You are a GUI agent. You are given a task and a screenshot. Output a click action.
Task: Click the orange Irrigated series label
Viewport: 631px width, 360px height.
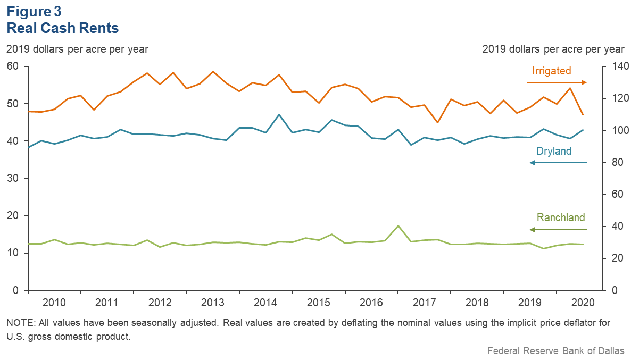click(x=551, y=71)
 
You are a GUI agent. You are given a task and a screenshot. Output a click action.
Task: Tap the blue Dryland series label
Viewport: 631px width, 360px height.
click(x=553, y=152)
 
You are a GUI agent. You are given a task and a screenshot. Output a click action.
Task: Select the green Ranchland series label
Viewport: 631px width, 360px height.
click(x=560, y=217)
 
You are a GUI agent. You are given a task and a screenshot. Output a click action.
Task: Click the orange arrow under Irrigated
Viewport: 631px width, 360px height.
click(x=557, y=82)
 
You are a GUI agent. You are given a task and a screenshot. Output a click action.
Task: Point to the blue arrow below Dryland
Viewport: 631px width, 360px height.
click(x=558, y=163)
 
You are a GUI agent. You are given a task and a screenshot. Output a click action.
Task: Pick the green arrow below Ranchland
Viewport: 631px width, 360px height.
click(x=558, y=230)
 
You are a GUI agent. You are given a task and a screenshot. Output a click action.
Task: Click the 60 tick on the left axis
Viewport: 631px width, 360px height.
click(x=12, y=66)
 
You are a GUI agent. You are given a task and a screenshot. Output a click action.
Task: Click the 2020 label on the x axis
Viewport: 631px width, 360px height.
click(x=583, y=303)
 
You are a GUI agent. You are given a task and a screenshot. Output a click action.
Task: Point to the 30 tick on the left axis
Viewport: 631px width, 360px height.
click(x=12, y=179)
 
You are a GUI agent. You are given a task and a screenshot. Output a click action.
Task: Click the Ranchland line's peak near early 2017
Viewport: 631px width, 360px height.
click(x=398, y=226)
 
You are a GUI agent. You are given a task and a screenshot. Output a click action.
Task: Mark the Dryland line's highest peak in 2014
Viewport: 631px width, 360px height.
click(x=279, y=115)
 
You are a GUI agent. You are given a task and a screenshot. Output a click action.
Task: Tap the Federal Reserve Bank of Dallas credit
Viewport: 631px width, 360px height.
click(x=556, y=350)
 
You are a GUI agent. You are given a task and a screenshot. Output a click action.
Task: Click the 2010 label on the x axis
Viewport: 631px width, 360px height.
click(x=54, y=303)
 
